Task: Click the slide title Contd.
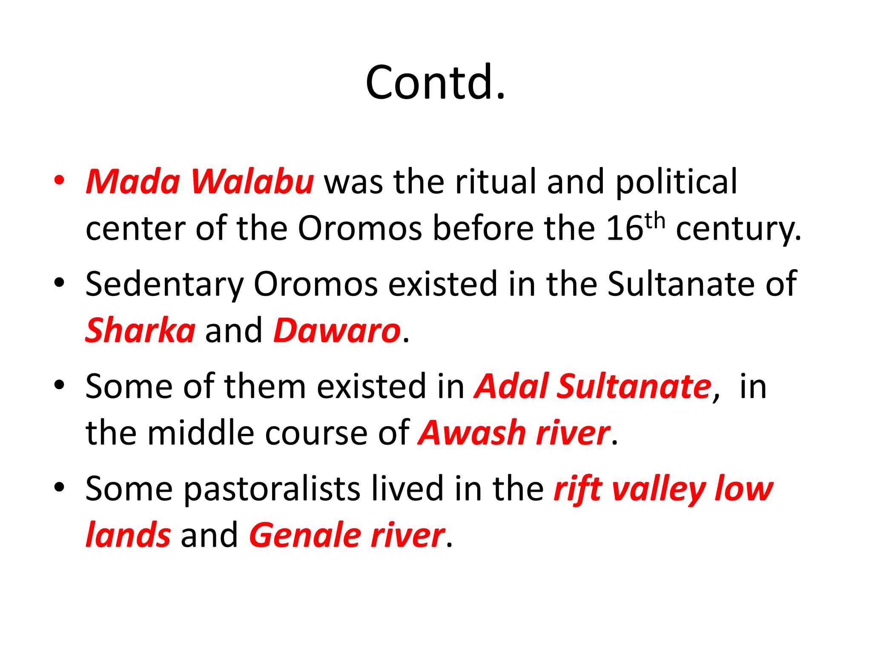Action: [435, 82]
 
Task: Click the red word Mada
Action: [133, 182]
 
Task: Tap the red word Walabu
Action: [252, 182]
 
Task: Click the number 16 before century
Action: [624, 229]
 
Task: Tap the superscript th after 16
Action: [654, 221]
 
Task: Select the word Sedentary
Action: [164, 284]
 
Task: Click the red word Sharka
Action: [140, 330]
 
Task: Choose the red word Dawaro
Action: [337, 330]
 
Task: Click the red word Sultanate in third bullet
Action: [634, 387]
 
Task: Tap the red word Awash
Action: [472, 433]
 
